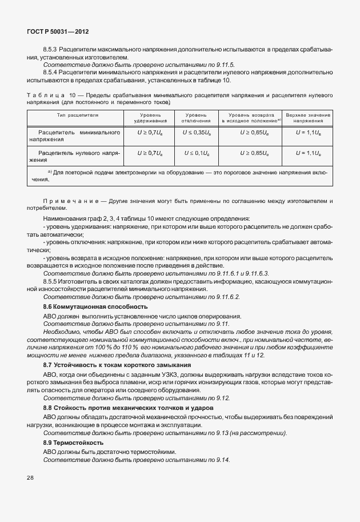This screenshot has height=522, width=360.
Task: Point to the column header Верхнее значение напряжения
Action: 309,118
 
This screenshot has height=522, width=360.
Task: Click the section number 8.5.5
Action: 53,282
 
